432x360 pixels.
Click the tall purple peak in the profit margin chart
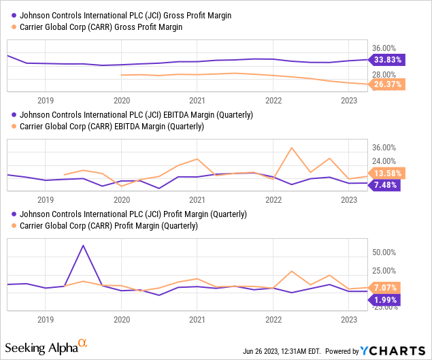point(83,246)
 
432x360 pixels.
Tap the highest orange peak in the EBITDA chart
point(292,148)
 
